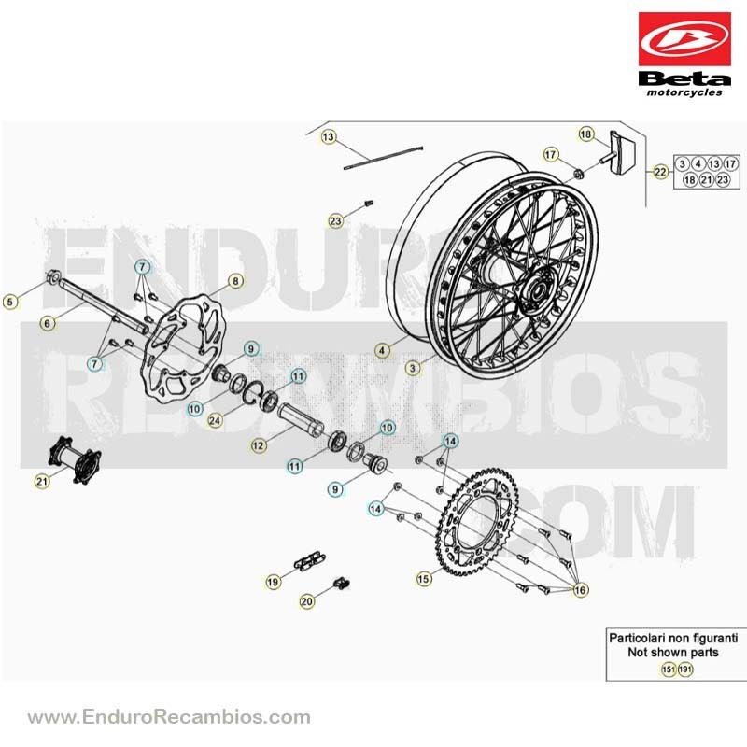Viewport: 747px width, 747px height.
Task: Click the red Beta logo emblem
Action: pos(684,39)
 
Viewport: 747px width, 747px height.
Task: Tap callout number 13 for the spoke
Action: pos(329,137)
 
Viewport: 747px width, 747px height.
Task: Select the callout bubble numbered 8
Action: pos(235,281)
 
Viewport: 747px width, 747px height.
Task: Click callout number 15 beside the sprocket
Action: pos(424,579)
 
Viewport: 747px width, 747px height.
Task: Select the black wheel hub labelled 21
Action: pos(75,459)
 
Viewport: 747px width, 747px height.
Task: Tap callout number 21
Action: pos(42,481)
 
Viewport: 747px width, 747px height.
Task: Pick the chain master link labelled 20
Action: pos(342,583)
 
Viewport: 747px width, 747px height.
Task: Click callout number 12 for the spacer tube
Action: pos(259,445)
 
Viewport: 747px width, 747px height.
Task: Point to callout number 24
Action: pos(215,420)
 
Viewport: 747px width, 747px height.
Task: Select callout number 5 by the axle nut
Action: pos(10,301)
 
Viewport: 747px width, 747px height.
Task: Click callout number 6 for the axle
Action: pos(47,323)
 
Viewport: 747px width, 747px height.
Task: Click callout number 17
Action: pos(550,154)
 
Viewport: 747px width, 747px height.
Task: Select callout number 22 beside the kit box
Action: pos(660,172)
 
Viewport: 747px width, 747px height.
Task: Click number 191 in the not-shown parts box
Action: pos(685,669)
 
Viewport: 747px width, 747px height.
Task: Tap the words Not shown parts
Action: pos(672,652)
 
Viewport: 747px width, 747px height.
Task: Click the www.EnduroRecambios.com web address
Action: pos(169,716)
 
